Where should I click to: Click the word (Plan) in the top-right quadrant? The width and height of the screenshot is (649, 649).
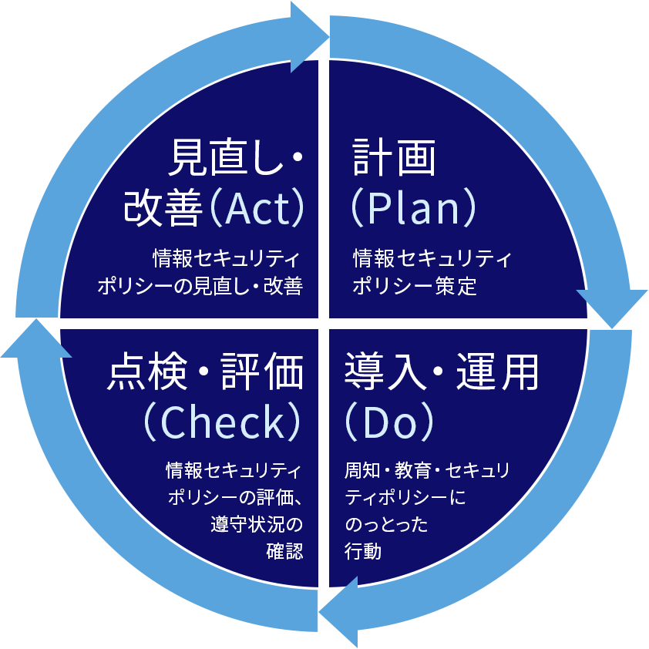[412, 208]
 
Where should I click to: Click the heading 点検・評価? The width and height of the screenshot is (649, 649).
[204, 373]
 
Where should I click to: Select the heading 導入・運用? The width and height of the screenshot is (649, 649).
[442, 373]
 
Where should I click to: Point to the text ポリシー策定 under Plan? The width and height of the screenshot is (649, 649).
[415, 287]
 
